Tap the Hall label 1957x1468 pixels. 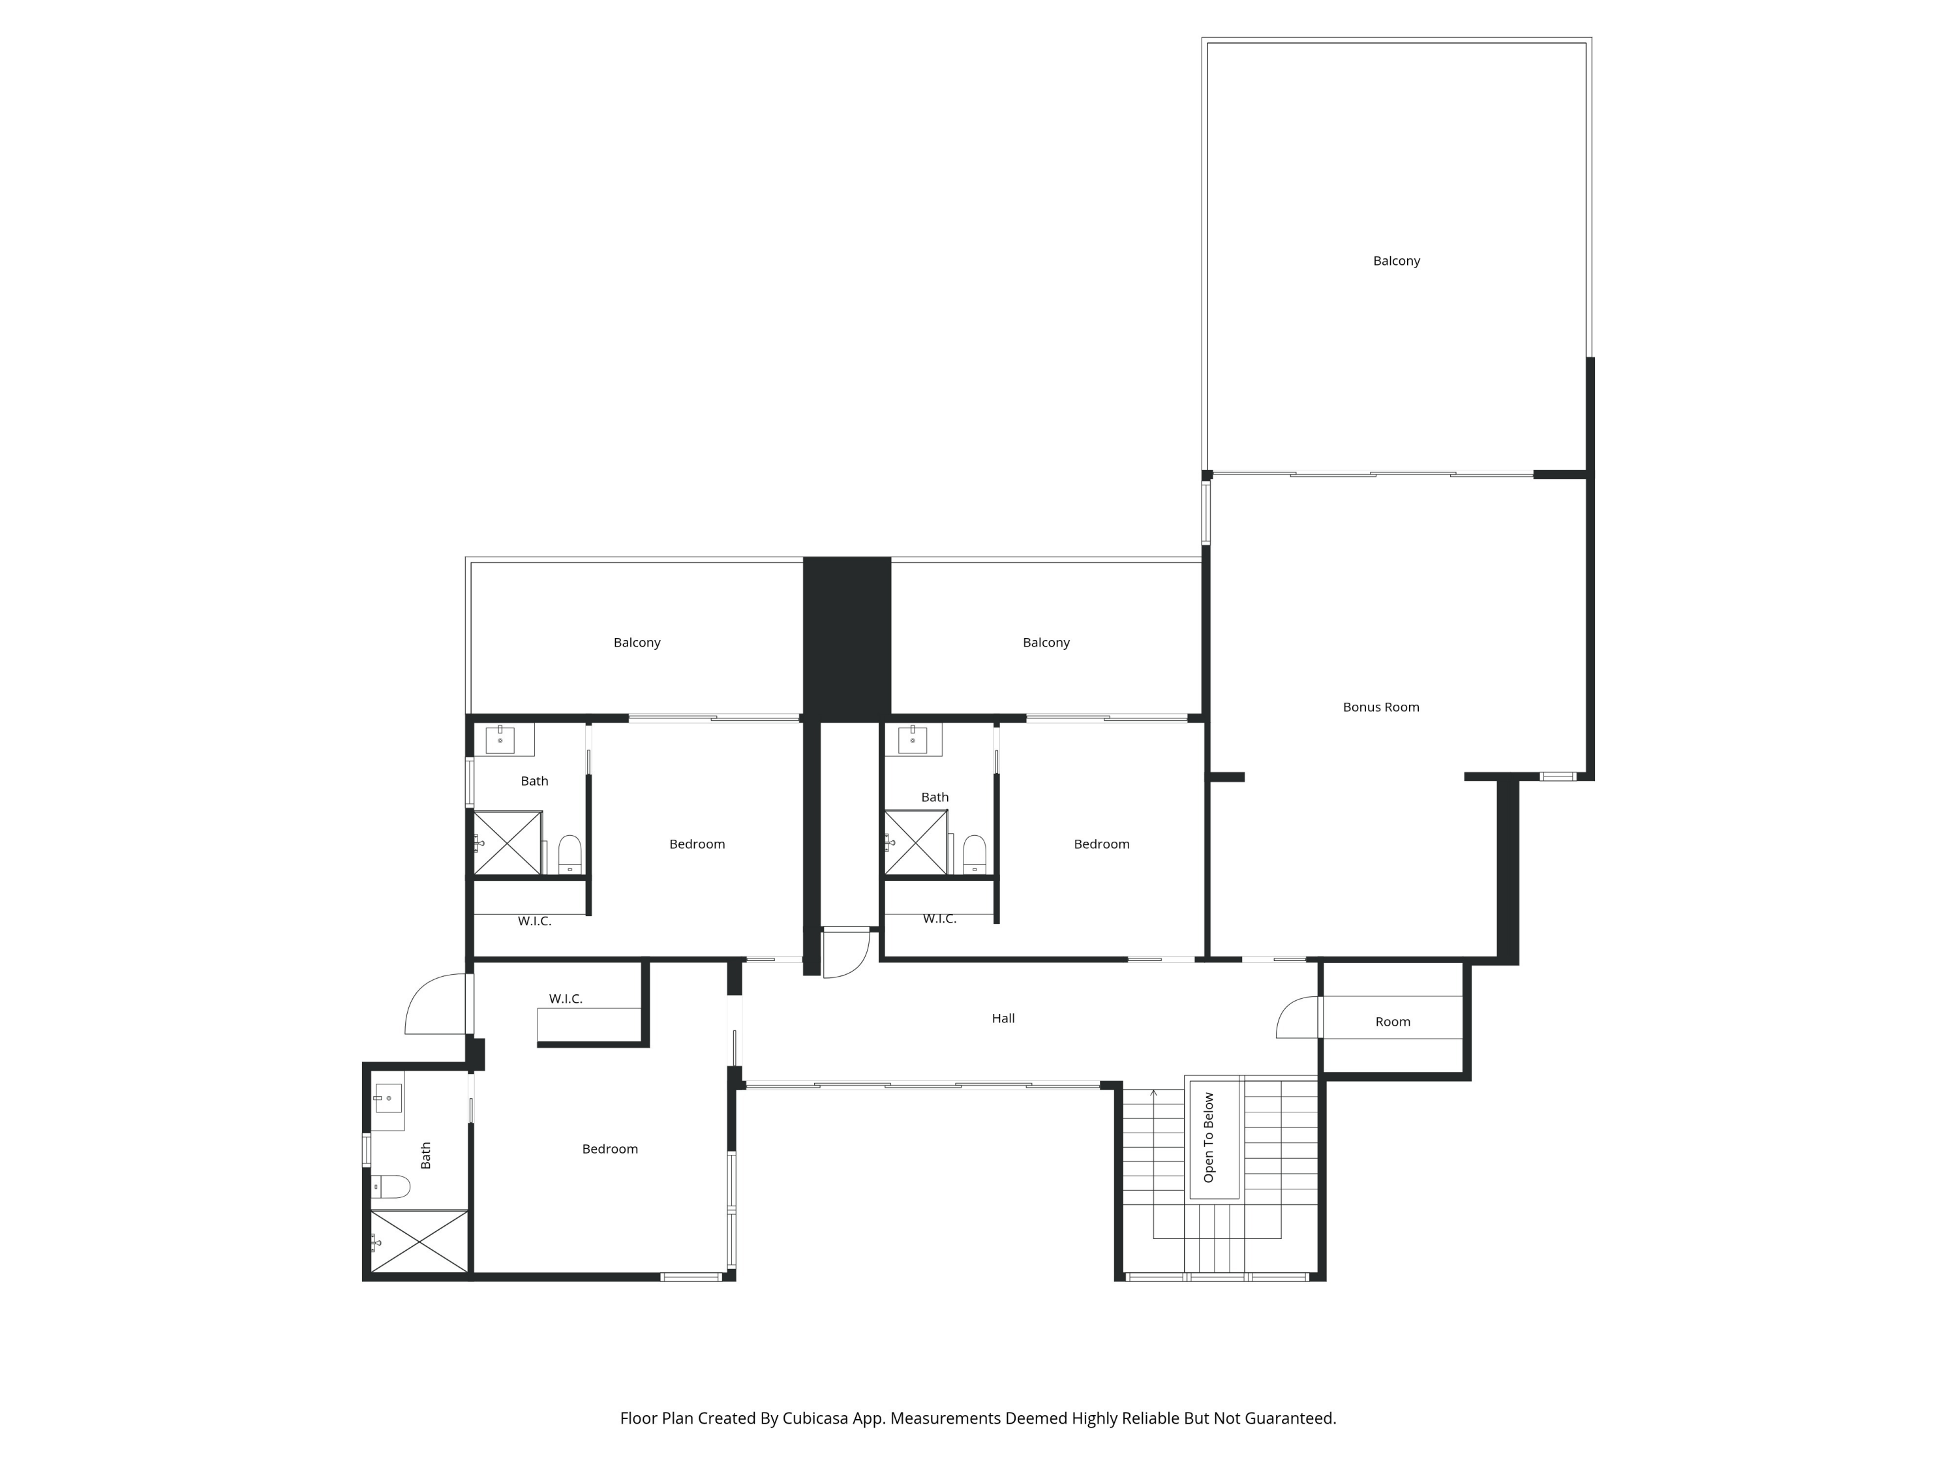click(1003, 1018)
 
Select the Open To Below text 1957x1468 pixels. click(1209, 1137)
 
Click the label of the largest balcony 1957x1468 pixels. click(1396, 260)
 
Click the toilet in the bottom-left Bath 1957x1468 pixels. click(391, 1185)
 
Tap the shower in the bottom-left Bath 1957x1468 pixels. click(419, 1242)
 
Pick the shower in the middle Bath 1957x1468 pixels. click(916, 842)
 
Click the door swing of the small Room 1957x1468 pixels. click(1296, 1018)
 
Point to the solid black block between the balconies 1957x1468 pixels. click(847, 639)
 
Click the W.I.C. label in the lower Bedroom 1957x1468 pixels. click(566, 998)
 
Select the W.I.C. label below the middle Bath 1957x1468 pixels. click(939, 919)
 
